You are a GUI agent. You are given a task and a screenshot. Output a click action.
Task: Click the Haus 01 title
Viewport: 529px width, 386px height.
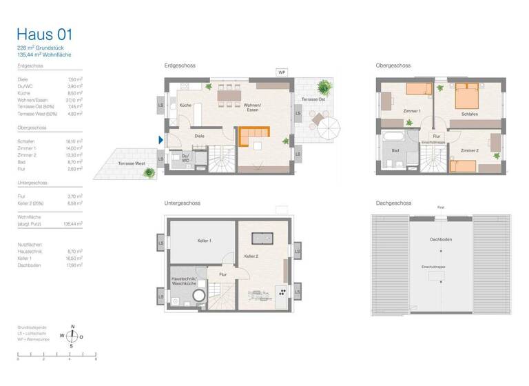pos(44,35)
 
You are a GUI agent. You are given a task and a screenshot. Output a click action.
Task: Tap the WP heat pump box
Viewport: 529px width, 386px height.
pos(282,72)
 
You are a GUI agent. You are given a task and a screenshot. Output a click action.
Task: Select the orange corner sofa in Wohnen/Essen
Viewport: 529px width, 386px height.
pos(253,135)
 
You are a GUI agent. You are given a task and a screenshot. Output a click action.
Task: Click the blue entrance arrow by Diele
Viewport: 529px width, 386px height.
pos(161,140)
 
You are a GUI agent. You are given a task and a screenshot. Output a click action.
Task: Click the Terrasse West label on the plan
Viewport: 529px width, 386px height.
pos(131,163)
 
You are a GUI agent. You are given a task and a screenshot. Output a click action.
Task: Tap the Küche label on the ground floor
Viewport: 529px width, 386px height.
pos(185,105)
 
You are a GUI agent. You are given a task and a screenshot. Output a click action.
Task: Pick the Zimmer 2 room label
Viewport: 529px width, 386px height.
pos(470,150)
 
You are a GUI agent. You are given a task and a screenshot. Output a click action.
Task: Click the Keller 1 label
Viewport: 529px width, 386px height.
pos(205,241)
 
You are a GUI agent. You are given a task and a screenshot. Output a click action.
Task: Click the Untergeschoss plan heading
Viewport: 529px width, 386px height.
pos(181,203)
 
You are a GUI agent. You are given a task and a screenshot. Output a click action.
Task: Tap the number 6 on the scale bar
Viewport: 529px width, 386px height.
pos(95,360)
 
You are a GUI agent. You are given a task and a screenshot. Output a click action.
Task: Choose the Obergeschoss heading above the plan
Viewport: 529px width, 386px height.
pos(393,65)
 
